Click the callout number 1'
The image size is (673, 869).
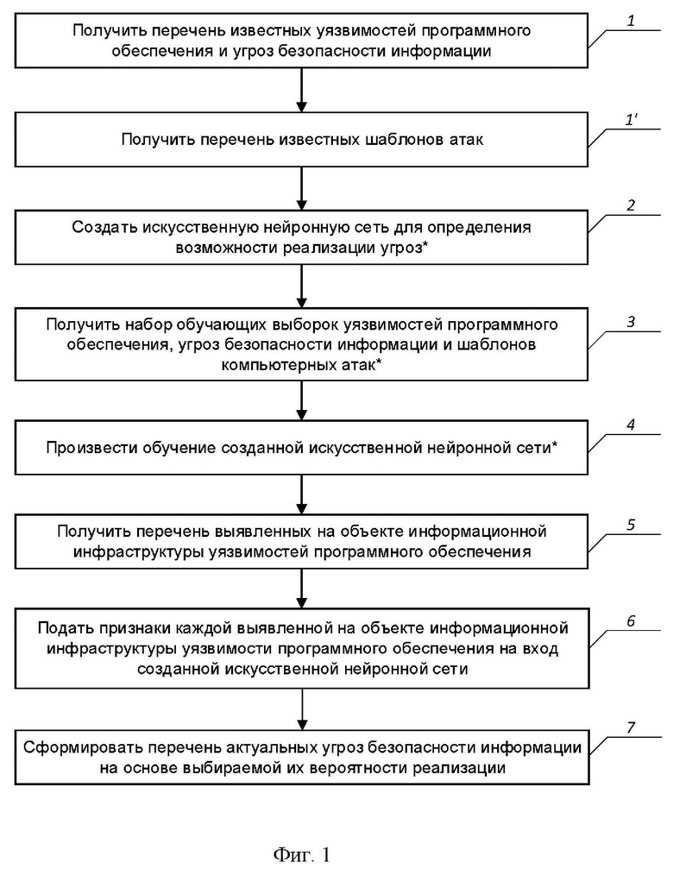pos(632,120)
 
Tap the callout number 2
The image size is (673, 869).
pos(631,205)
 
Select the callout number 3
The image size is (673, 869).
pos(631,321)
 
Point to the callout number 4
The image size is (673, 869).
pos(631,425)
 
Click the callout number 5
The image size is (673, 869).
pos(631,525)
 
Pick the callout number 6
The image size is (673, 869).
pos(631,621)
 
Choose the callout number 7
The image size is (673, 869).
pos(631,727)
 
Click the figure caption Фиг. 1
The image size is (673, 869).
pos(302,854)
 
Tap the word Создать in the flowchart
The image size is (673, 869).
pos(104,227)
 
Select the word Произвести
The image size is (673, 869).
pos(91,448)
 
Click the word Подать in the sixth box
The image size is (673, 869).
pos(66,628)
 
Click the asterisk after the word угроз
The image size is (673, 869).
pos(425,246)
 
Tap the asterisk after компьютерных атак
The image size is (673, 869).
pos(379,362)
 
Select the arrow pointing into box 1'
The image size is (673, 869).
pos(302,90)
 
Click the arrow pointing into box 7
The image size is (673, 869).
pos(302,709)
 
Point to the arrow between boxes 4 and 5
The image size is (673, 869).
pos(302,494)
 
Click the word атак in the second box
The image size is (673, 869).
pos(466,140)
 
